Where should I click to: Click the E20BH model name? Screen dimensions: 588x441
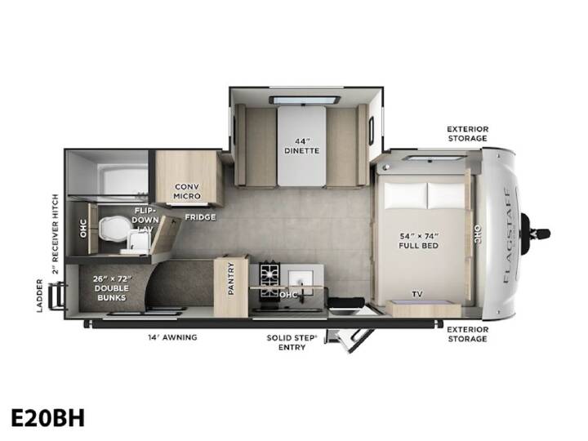pyautogui.click(x=48, y=418)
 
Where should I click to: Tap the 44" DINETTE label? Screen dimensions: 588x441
pyautogui.click(x=302, y=146)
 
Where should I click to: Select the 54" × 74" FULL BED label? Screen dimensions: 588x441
pyautogui.click(x=418, y=241)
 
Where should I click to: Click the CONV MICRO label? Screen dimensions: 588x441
pyautogui.click(x=187, y=191)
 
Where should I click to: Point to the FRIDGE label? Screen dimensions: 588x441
pyautogui.click(x=200, y=217)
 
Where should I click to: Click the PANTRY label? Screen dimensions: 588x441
pyautogui.click(x=231, y=278)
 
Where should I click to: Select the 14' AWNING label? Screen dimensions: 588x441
pyautogui.click(x=172, y=337)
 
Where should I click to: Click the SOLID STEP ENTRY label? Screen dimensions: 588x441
pyautogui.click(x=292, y=342)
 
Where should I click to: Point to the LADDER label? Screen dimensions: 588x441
pyautogui.click(x=40, y=296)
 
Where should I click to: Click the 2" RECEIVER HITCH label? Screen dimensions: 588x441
pyautogui.click(x=56, y=234)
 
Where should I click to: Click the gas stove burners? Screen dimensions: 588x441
pyautogui.click(x=270, y=280)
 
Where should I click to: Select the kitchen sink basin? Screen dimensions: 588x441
pyautogui.click(x=301, y=281)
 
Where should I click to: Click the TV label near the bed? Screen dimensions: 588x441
pyautogui.click(x=417, y=294)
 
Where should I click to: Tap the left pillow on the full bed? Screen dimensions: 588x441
pyautogui.click(x=405, y=195)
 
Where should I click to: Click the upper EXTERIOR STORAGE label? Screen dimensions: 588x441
pyautogui.click(x=468, y=133)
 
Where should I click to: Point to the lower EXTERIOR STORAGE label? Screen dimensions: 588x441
pyautogui.click(x=468, y=334)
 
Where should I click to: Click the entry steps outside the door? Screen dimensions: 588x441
pyautogui.click(x=349, y=340)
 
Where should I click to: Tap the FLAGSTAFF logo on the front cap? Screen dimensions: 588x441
pyautogui.click(x=508, y=235)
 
